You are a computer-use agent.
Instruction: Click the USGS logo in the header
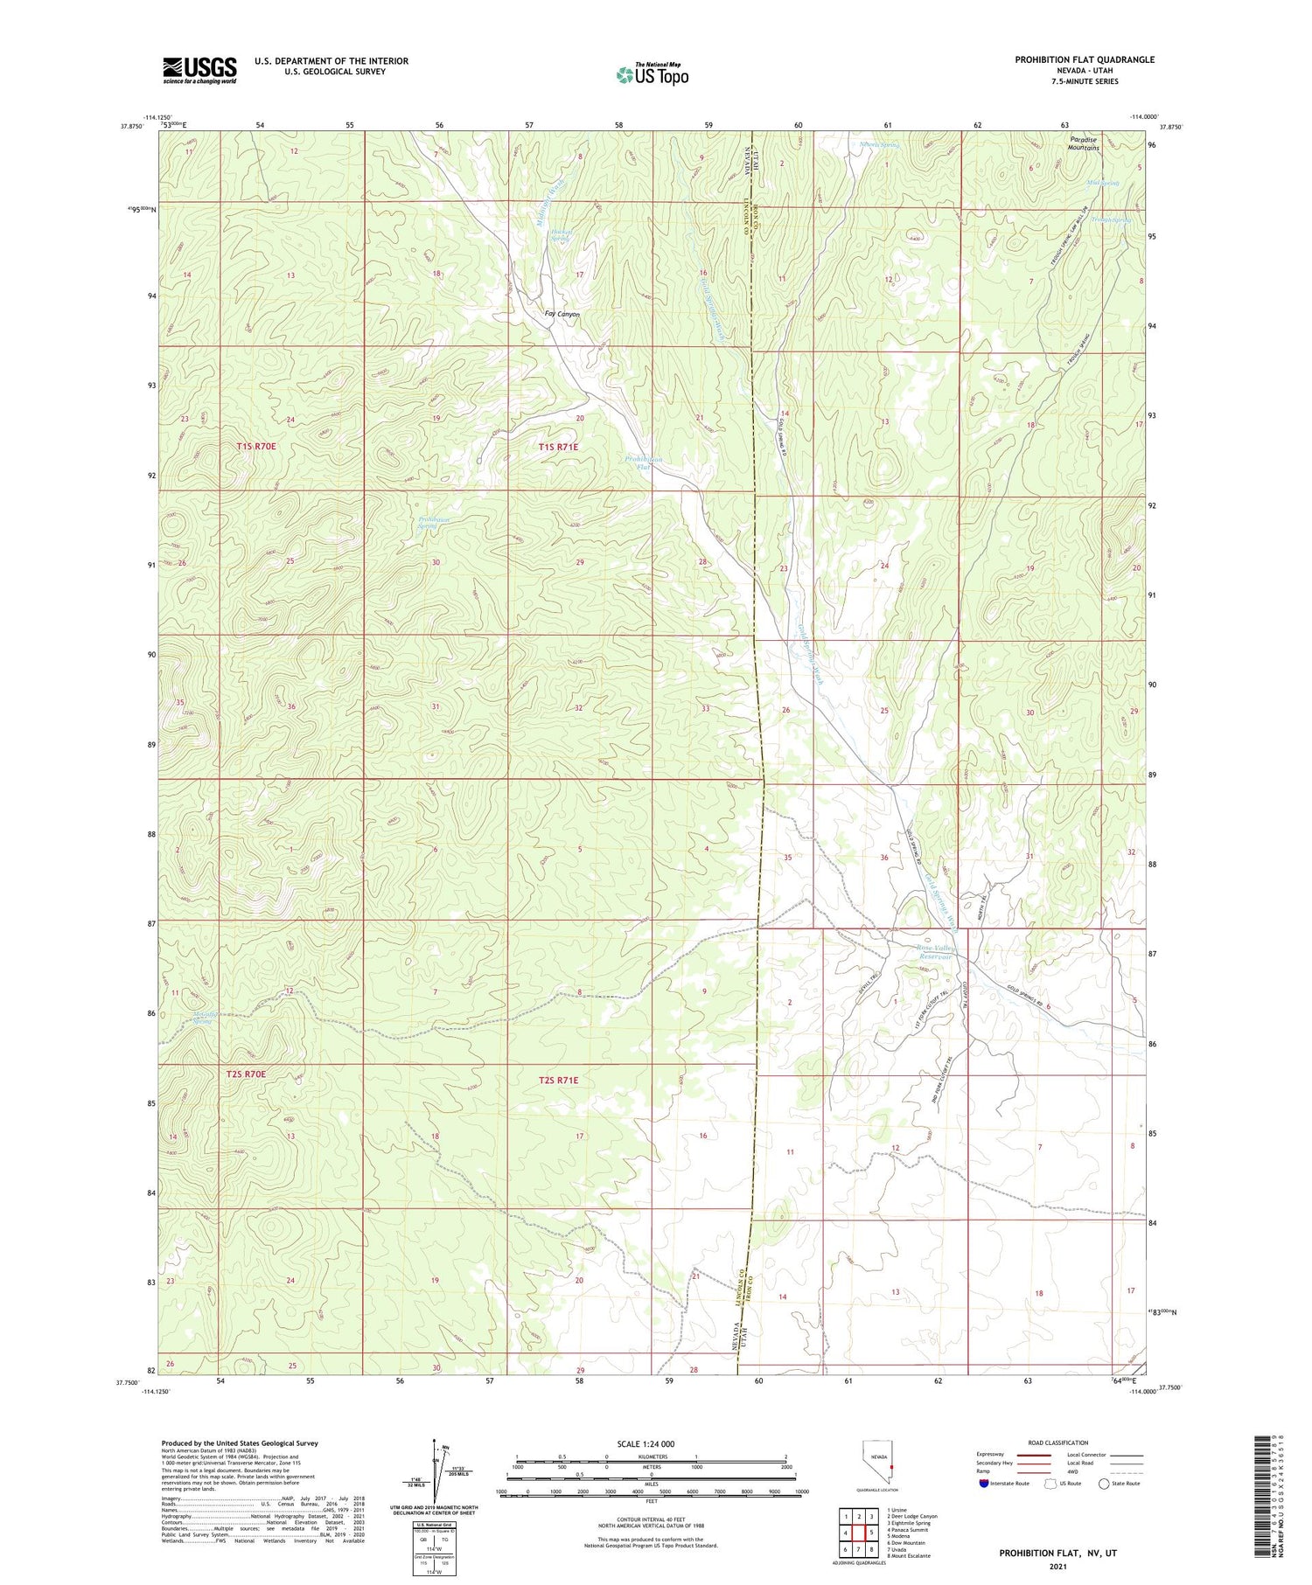199,70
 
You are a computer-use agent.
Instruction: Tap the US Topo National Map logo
652,74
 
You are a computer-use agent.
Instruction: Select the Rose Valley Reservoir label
938,952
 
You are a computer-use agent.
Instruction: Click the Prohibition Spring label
429,523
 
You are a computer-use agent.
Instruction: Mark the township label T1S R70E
255,447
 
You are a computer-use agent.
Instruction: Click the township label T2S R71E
558,1081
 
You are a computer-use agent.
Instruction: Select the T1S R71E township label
558,447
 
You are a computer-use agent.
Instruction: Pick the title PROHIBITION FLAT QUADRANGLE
1084,59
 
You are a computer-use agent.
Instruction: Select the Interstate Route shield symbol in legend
983,1484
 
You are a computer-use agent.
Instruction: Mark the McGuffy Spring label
202,1018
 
